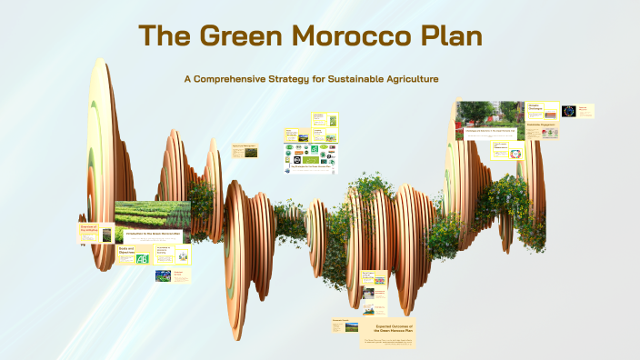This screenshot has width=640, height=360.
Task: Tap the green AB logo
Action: (142, 259)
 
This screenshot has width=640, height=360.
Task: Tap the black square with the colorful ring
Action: (569, 111)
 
